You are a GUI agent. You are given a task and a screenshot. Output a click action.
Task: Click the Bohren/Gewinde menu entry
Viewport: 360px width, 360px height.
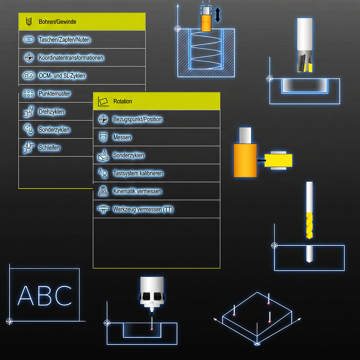[58, 22]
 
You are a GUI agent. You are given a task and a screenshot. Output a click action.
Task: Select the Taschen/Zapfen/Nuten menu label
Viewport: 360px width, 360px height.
[64, 40]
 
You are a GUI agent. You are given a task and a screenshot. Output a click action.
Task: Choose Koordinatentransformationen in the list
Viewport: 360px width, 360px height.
[71, 58]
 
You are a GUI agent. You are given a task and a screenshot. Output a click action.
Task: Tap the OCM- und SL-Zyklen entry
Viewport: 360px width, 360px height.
[62, 76]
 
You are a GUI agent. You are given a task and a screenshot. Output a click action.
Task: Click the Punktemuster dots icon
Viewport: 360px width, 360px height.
[28, 94]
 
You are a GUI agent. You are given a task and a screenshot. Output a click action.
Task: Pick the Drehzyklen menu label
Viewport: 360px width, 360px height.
[51, 112]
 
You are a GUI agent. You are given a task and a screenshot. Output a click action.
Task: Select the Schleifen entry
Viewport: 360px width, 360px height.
[49, 148]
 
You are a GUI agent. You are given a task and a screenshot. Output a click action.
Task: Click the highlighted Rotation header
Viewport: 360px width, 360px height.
[123, 102]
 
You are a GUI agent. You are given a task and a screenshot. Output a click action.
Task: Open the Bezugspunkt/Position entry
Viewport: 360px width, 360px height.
[138, 119]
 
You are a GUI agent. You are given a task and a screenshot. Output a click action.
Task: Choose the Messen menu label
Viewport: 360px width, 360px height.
[122, 137]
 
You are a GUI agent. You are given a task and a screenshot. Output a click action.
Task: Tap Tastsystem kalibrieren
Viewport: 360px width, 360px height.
[138, 173]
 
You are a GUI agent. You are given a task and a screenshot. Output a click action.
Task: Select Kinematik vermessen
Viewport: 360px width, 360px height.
[137, 191]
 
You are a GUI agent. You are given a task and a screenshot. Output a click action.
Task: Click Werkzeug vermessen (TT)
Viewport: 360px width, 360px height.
[143, 209]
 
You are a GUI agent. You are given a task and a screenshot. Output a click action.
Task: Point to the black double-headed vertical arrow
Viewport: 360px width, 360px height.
[217, 15]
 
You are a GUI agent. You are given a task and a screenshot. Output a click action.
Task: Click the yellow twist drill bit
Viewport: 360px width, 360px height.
[309, 225]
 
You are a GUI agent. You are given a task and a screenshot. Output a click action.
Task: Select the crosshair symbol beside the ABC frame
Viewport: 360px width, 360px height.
[9, 321]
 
